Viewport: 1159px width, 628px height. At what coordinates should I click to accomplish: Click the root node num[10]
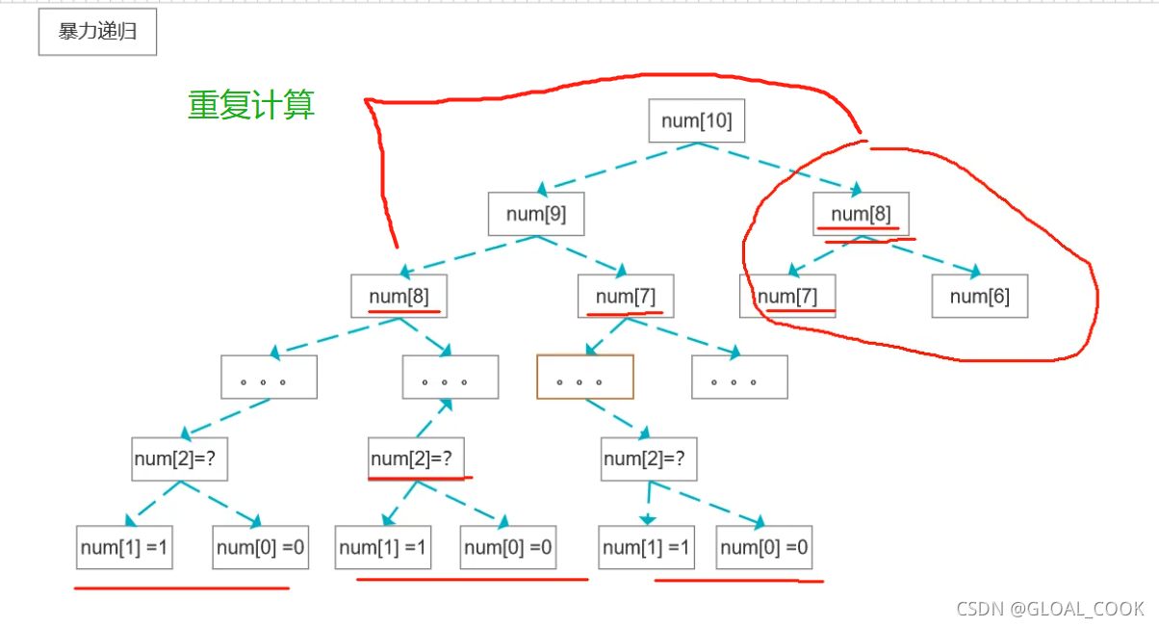(x=696, y=120)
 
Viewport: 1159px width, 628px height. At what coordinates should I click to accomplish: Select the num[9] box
(x=536, y=214)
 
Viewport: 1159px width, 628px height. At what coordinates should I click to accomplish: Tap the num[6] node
(x=979, y=296)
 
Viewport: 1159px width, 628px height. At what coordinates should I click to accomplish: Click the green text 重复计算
(x=251, y=105)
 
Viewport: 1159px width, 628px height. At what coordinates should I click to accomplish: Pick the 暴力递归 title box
(x=97, y=32)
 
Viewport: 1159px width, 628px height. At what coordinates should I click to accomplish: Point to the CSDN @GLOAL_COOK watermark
(x=1049, y=609)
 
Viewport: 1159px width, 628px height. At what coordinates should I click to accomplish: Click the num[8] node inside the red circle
(x=860, y=214)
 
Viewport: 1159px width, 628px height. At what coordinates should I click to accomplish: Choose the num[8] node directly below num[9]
(x=399, y=296)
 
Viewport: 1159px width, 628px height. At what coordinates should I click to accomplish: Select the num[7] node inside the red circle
(x=787, y=296)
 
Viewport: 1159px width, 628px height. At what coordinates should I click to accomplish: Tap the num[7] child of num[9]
(x=626, y=296)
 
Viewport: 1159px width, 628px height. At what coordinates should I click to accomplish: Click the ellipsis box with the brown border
(x=585, y=377)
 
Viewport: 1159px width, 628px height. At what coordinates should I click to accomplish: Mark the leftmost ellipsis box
(x=269, y=377)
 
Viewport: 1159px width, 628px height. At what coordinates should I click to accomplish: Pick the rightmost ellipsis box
(x=739, y=377)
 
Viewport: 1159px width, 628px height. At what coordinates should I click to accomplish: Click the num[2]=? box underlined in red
(x=417, y=458)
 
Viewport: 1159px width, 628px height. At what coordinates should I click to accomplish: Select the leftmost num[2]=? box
(x=180, y=458)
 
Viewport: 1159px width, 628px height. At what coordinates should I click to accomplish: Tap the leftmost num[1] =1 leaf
(x=124, y=548)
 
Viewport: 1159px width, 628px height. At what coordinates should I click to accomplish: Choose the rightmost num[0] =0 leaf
(x=764, y=548)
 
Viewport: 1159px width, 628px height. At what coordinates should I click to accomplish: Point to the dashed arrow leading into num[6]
(x=929, y=257)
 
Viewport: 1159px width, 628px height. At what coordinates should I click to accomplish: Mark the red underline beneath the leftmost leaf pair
(x=182, y=588)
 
